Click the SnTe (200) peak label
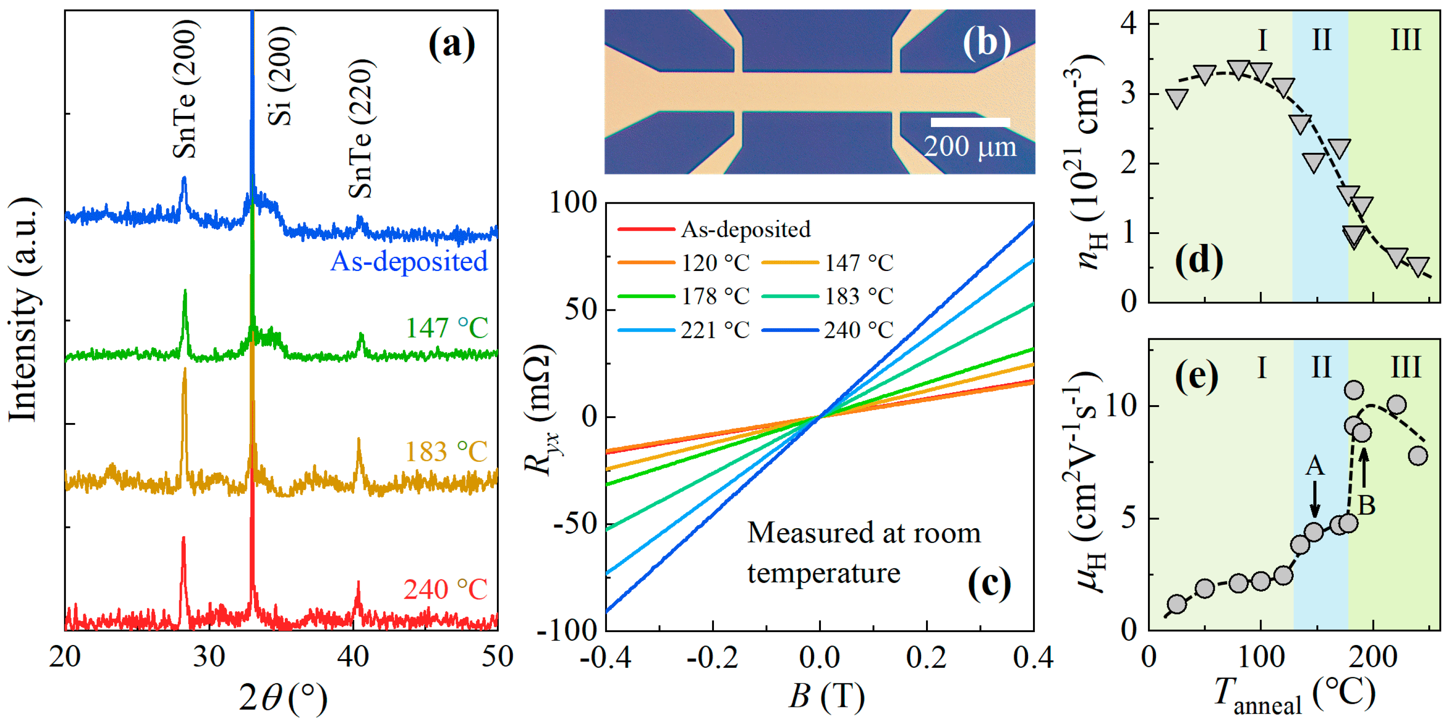coord(186,89)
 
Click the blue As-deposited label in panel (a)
coord(409,262)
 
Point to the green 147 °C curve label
coord(446,328)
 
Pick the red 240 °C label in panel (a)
coord(445,590)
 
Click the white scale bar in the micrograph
coord(970,122)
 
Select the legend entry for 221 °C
coord(684,330)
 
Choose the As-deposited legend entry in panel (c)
coord(714,229)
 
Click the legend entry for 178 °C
coord(684,296)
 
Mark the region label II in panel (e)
coord(1320,368)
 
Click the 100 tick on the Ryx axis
coord(573,202)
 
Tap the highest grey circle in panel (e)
coord(1354,390)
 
